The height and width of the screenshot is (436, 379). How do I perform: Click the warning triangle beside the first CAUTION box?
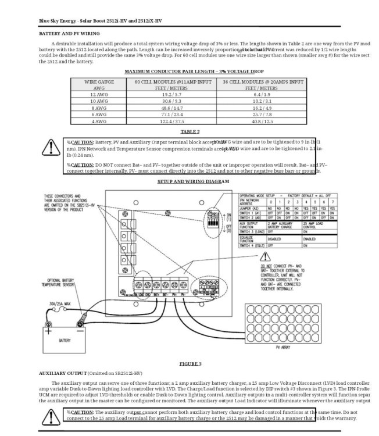pyautogui.click(x=48, y=149)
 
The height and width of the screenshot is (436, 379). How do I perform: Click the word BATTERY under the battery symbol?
pyautogui.click(x=65, y=341)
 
